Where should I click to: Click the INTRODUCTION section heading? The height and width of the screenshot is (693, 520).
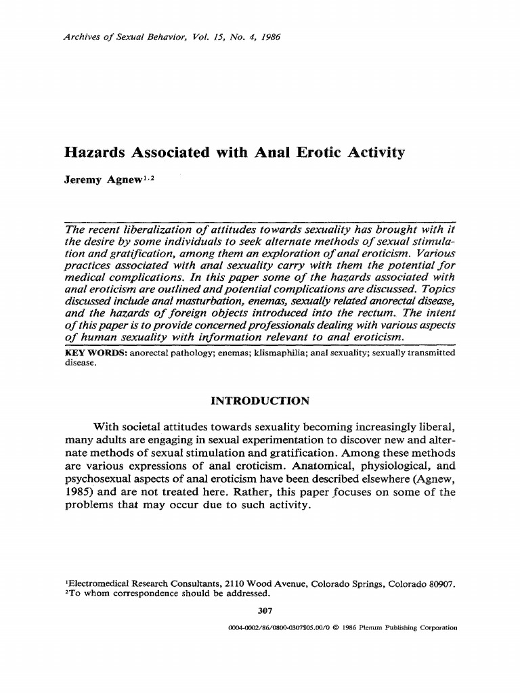pos(260,401)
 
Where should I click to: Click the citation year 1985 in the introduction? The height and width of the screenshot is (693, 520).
pos(79,492)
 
